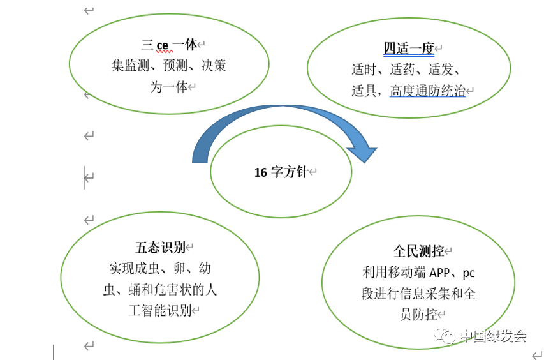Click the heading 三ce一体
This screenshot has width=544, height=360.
(169, 45)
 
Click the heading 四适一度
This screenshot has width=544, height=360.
(408, 49)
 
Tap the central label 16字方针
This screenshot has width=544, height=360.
(281, 172)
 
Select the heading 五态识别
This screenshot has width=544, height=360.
(160, 247)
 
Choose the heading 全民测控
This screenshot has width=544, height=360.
(418, 251)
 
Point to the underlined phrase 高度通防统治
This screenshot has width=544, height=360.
(427, 91)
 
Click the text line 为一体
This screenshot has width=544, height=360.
(168, 87)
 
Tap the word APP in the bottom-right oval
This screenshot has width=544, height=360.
(443, 273)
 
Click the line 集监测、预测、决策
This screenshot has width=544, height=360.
(169, 66)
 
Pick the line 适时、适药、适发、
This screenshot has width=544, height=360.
(406, 70)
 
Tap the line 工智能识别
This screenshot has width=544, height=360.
(160, 310)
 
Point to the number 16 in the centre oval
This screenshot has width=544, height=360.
(260, 172)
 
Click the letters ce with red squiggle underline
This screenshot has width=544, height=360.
(162, 45)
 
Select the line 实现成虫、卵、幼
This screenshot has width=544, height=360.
(160, 268)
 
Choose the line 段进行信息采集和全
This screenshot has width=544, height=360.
(418, 294)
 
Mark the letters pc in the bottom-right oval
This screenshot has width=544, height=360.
(469, 273)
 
